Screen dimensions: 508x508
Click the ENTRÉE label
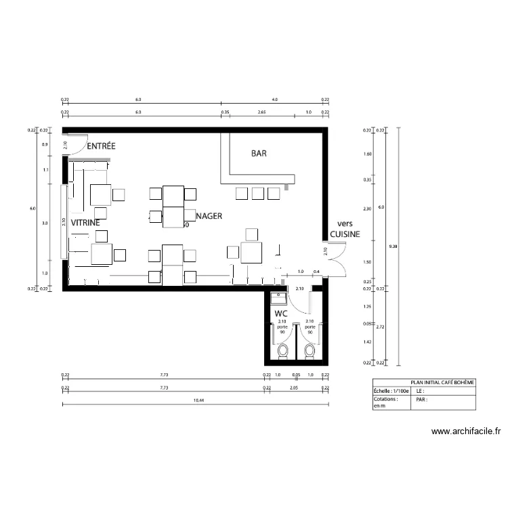click(x=102, y=146)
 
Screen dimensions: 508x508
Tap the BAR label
click(x=259, y=154)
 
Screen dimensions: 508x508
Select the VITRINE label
click(x=86, y=222)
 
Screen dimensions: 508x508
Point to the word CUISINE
click(x=345, y=234)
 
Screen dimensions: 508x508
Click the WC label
click(x=281, y=314)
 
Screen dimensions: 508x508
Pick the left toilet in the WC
click(x=282, y=350)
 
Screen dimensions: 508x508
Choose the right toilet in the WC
click(x=310, y=350)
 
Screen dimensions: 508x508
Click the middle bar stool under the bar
click(x=257, y=194)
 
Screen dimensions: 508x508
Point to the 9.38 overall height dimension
click(x=404, y=247)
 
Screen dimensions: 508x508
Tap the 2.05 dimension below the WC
click(x=294, y=388)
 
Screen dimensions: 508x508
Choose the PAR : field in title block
click(x=421, y=400)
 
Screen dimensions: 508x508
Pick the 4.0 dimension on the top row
click(x=274, y=100)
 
